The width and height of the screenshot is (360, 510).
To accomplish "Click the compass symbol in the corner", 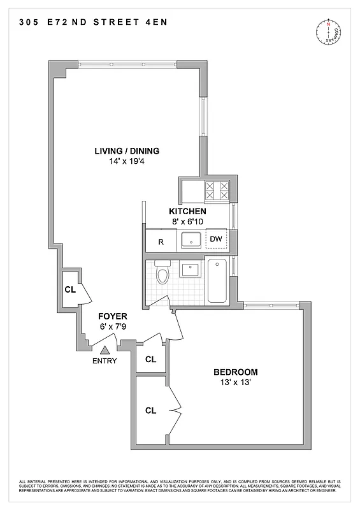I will (330, 32).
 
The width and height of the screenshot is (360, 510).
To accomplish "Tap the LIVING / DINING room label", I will (127, 151).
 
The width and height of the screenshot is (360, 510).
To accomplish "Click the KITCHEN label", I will (187, 211).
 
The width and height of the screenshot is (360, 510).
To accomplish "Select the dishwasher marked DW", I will (216, 239).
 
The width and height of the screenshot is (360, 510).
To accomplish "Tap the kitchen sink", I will (191, 240).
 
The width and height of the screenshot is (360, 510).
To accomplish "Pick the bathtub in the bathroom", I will (217, 280).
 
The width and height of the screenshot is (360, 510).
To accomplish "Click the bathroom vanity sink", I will (191, 269).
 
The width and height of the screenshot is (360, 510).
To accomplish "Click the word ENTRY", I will (105, 361).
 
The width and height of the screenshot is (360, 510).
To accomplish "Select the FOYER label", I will (113, 316).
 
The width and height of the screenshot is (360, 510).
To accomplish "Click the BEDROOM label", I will (236, 372).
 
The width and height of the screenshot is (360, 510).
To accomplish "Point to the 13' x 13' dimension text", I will (236, 382).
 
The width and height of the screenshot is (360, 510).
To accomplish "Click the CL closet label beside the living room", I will (70, 289).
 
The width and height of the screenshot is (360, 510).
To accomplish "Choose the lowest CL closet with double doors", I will (151, 410).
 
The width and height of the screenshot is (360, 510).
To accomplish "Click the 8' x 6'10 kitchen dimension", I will (187, 221).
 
